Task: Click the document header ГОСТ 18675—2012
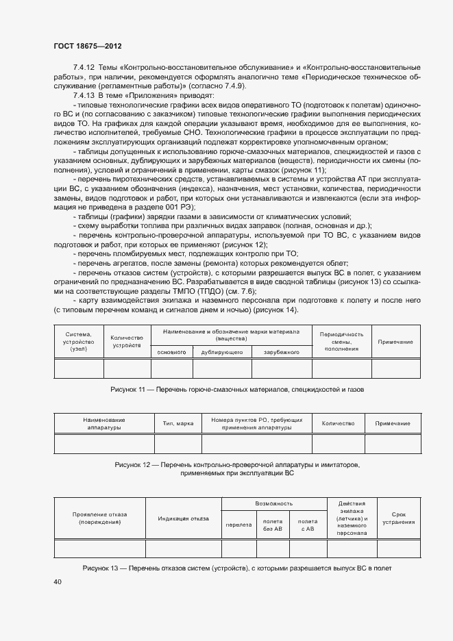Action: pyautogui.click(x=87, y=46)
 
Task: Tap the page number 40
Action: pyautogui.click(x=58, y=581)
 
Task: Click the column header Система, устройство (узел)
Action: pyautogui.click(x=78, y=341)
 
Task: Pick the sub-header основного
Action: pyautogui.click(x=172, y=351)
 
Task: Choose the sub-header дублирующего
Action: pyautogui.click(x=222, y=351)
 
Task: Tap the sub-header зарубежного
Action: pyautogui.click(x=281, y=351)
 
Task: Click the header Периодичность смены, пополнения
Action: pyautogui.click(x=341, y=341)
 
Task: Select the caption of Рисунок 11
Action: pyautogui.click(x=237, y=389)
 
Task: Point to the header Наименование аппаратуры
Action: pyautogui.click(x=104, y=423)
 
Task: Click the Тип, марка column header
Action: pyautogui.click(x=177, y=423)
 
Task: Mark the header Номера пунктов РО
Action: pyautogui.click(x=256, y=423)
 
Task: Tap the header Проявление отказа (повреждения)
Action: pyautogui.click(x=99, y=518)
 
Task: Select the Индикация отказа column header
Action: pyautogui.click(x=183, y=518)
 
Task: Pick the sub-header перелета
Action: pyautogui.click(x=238, y=525)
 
